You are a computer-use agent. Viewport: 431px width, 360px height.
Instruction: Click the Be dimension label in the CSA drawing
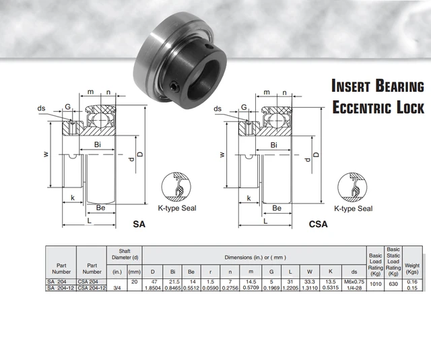(x=276, y=208)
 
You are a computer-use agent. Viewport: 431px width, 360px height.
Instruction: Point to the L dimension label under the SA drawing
(x=89, y=220)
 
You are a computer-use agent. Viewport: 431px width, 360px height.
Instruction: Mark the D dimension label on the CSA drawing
(x=317, y=156)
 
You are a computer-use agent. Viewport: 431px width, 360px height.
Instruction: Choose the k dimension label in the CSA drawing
(x=248, y=198)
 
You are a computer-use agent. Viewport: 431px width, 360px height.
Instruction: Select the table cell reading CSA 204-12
(x=92, y=288)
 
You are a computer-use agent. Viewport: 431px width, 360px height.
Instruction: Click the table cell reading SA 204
(x=57, y=281)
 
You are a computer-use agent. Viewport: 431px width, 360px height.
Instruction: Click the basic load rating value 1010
(x=375, y=284)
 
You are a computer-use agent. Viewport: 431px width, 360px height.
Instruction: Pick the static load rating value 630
(x=393, y=284)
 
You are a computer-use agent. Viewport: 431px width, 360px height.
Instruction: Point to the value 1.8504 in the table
(x=154, y=288)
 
